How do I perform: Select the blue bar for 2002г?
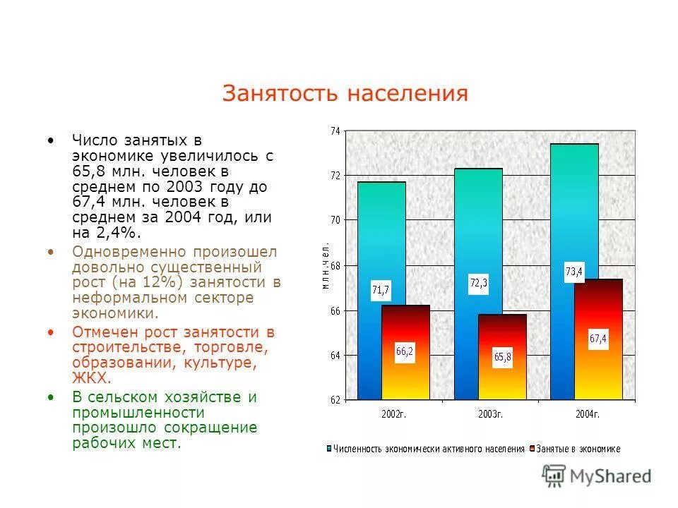pyautogui.click(x=381, y=240)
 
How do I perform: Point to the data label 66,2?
pyautogui.click(x=404, y=351)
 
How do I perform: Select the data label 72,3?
pyautogui.click(x=479, y=283)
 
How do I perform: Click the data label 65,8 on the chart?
pyautogui.click(x=502, y=357)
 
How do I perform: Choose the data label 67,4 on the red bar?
pyautogui.click(x=598, y=339)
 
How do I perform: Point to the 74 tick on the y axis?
pyautogui.click(x=335, y=131)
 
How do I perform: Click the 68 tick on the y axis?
pyautogui.click(x=335, y=265)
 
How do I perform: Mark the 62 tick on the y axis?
pyautogui.click(x=335, y=400)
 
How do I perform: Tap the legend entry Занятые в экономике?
pyautogui.click(x=578, y=449)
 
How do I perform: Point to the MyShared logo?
pyautogui.click(x=597, y=476)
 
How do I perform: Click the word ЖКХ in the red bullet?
pyautogui.click(x=88, y=377)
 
